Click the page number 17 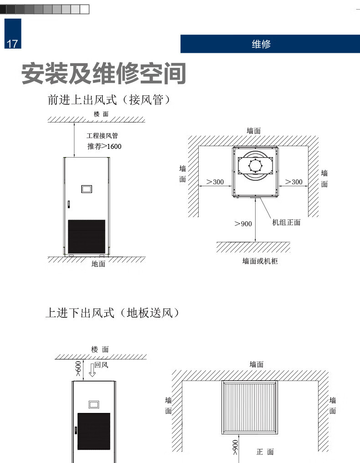[12, 44]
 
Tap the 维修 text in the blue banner [261, 44]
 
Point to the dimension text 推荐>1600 [104, 146]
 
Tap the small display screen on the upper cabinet [87, 188]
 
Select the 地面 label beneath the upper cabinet [98, 264]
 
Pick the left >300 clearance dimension [215, 182]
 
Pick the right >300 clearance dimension [293, 182]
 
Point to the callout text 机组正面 [286, 223]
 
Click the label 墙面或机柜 [260, 261]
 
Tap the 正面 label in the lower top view [265, 452]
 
